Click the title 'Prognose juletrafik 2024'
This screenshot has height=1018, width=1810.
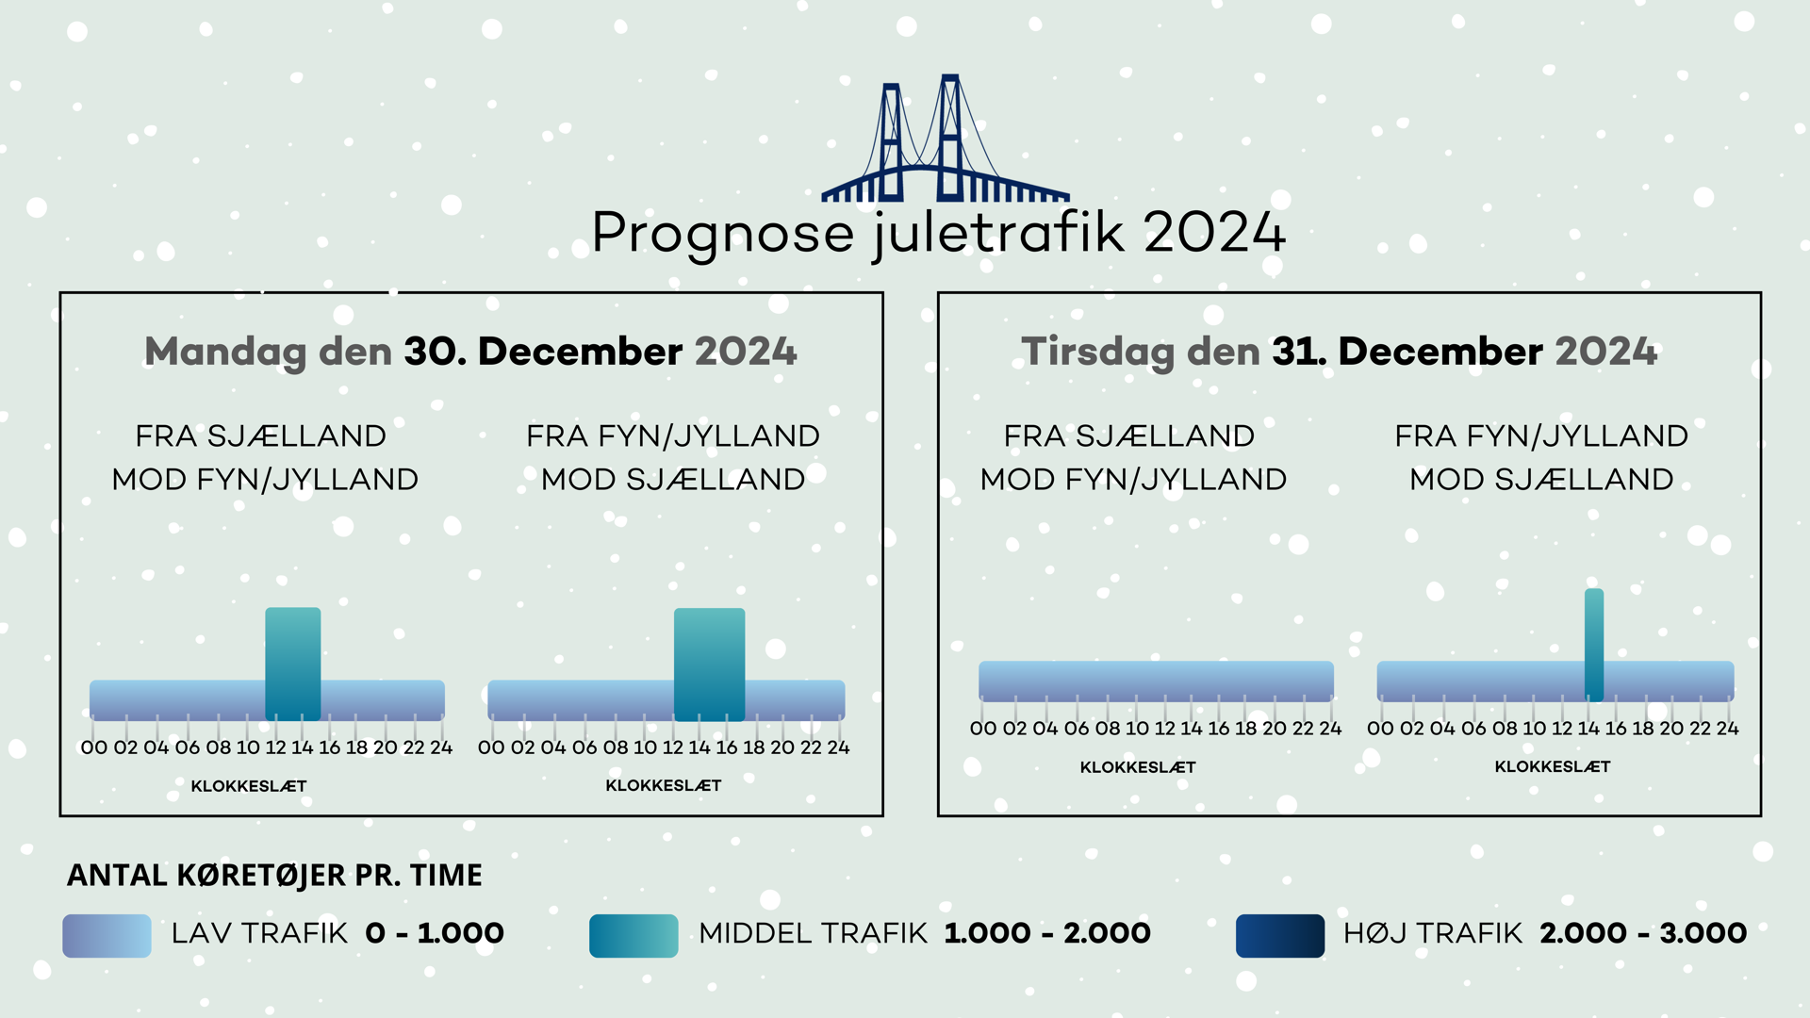(x=939, y=233)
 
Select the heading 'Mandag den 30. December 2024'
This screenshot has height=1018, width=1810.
(x=470, y=353)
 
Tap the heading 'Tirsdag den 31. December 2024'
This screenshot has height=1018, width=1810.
(x=1339, y=353)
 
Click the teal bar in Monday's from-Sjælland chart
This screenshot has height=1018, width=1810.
(x=293, y=664)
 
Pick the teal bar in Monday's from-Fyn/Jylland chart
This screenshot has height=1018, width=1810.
(x=710, y=664)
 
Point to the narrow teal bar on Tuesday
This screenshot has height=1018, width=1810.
(x=1594, y=645)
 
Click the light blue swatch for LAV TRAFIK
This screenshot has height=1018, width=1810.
(x=107, y=936)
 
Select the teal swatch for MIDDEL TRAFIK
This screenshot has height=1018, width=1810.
(x=633, y=936)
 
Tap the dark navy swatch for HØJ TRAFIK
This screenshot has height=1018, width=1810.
(x=1280, y=936)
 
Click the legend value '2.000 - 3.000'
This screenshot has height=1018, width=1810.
(x=1643, y=933)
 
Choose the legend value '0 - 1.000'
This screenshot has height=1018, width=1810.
(x=435, y=933)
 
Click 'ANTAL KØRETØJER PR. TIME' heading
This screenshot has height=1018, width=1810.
(x=274, y=876)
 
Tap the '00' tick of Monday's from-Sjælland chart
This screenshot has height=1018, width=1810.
(x=94, y=747)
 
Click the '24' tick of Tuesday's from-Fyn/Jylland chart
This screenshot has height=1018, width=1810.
(x=1727, y=729)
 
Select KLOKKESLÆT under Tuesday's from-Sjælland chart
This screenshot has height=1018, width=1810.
(x=1138, y=767)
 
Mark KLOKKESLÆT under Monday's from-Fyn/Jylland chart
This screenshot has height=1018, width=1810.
(x=664, y=786)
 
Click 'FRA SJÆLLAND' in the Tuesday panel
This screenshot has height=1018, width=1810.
(x=1129, y=436)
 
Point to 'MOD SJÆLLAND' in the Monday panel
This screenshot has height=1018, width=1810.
(x=673, y=480)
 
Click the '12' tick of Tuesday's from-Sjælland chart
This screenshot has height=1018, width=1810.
(x=1165, y=729)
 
